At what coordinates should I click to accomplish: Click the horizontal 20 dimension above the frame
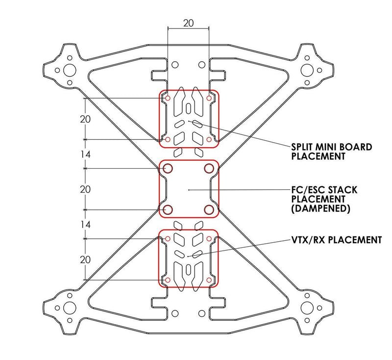[x=188, y=23]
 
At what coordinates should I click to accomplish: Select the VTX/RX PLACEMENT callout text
[x=336, y=240]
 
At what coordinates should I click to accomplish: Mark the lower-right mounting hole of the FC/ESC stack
[x=209, y=210]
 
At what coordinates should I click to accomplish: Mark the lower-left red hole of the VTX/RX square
[x=168, y=280]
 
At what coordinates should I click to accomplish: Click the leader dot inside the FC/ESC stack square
[x=189, y=189]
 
